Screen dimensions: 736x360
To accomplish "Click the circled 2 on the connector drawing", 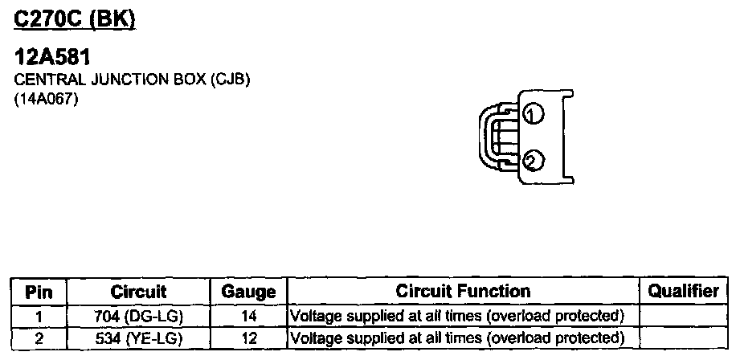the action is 530,162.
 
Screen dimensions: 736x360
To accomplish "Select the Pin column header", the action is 39,292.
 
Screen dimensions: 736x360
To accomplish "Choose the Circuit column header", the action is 138,292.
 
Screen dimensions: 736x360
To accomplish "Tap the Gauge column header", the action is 248,292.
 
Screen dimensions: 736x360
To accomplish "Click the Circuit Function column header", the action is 463,292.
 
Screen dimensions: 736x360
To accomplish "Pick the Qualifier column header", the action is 683,292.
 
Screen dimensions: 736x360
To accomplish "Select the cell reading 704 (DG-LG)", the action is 138,315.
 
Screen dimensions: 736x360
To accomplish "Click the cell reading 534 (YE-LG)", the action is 138,337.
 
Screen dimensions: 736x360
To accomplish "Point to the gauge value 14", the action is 248,315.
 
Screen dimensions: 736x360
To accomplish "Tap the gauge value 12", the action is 248,337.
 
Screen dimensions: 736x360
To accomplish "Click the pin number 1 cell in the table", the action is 39,315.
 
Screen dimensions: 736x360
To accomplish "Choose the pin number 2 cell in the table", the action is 39,337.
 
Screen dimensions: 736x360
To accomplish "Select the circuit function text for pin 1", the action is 456,315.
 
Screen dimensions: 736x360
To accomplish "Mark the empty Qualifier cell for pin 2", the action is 683,337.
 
